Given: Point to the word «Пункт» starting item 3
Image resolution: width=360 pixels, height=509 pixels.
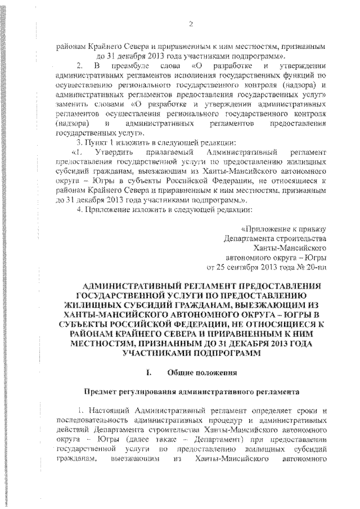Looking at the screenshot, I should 97,142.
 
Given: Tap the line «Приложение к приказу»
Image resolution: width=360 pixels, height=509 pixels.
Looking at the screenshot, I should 283,229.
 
